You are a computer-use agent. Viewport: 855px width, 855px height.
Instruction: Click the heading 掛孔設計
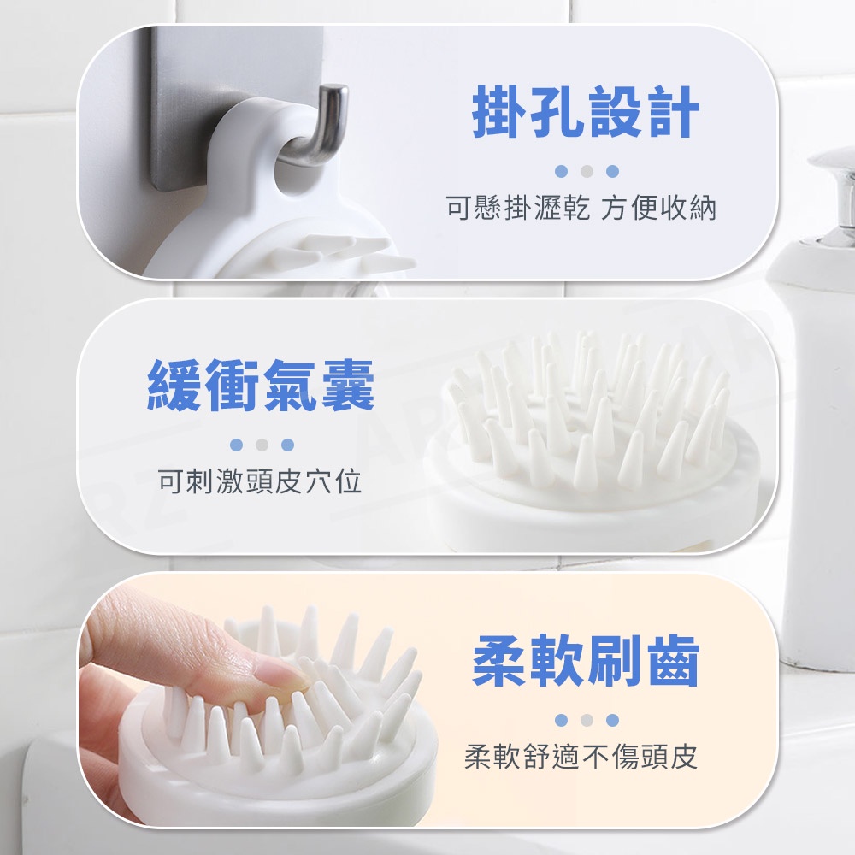point(586,112)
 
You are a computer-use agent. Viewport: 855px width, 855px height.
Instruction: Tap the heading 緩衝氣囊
point(261,386)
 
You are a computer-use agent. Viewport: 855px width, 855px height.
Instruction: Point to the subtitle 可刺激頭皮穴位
point(260,481)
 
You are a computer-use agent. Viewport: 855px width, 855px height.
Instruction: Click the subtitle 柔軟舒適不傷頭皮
point(581,757)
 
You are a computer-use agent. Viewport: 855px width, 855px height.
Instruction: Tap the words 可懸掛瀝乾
point(518,208)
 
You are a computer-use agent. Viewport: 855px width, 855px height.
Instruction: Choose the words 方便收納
point(658,208)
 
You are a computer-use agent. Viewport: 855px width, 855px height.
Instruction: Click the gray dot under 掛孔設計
point(587,171)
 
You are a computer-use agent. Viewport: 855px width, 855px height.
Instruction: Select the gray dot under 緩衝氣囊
point(262,445)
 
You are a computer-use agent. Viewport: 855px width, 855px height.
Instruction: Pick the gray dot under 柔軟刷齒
point(587,720)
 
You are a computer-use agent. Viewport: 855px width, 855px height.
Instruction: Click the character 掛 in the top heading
point(499,112)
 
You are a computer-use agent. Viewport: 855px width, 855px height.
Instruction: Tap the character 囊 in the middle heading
point(348,386)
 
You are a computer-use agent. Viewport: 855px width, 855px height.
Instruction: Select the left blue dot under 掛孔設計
point(561,171)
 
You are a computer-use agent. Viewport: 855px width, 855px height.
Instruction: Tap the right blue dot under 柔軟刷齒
point(612,720)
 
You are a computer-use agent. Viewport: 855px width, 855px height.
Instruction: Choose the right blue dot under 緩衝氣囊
point(287,445)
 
